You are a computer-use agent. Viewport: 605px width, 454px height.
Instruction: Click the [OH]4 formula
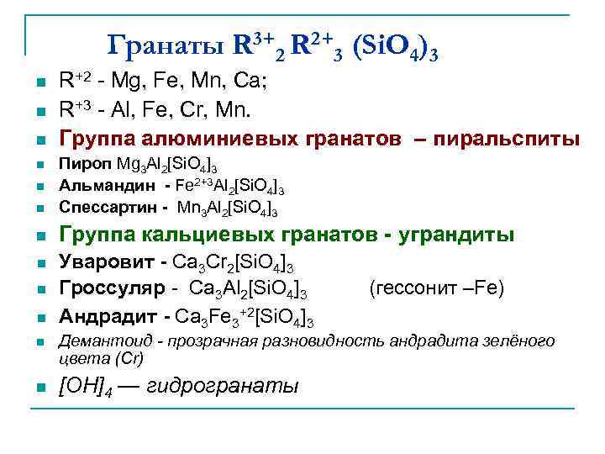(85, 388)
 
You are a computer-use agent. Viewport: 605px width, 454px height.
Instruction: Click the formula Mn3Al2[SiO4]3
(229, 207)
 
